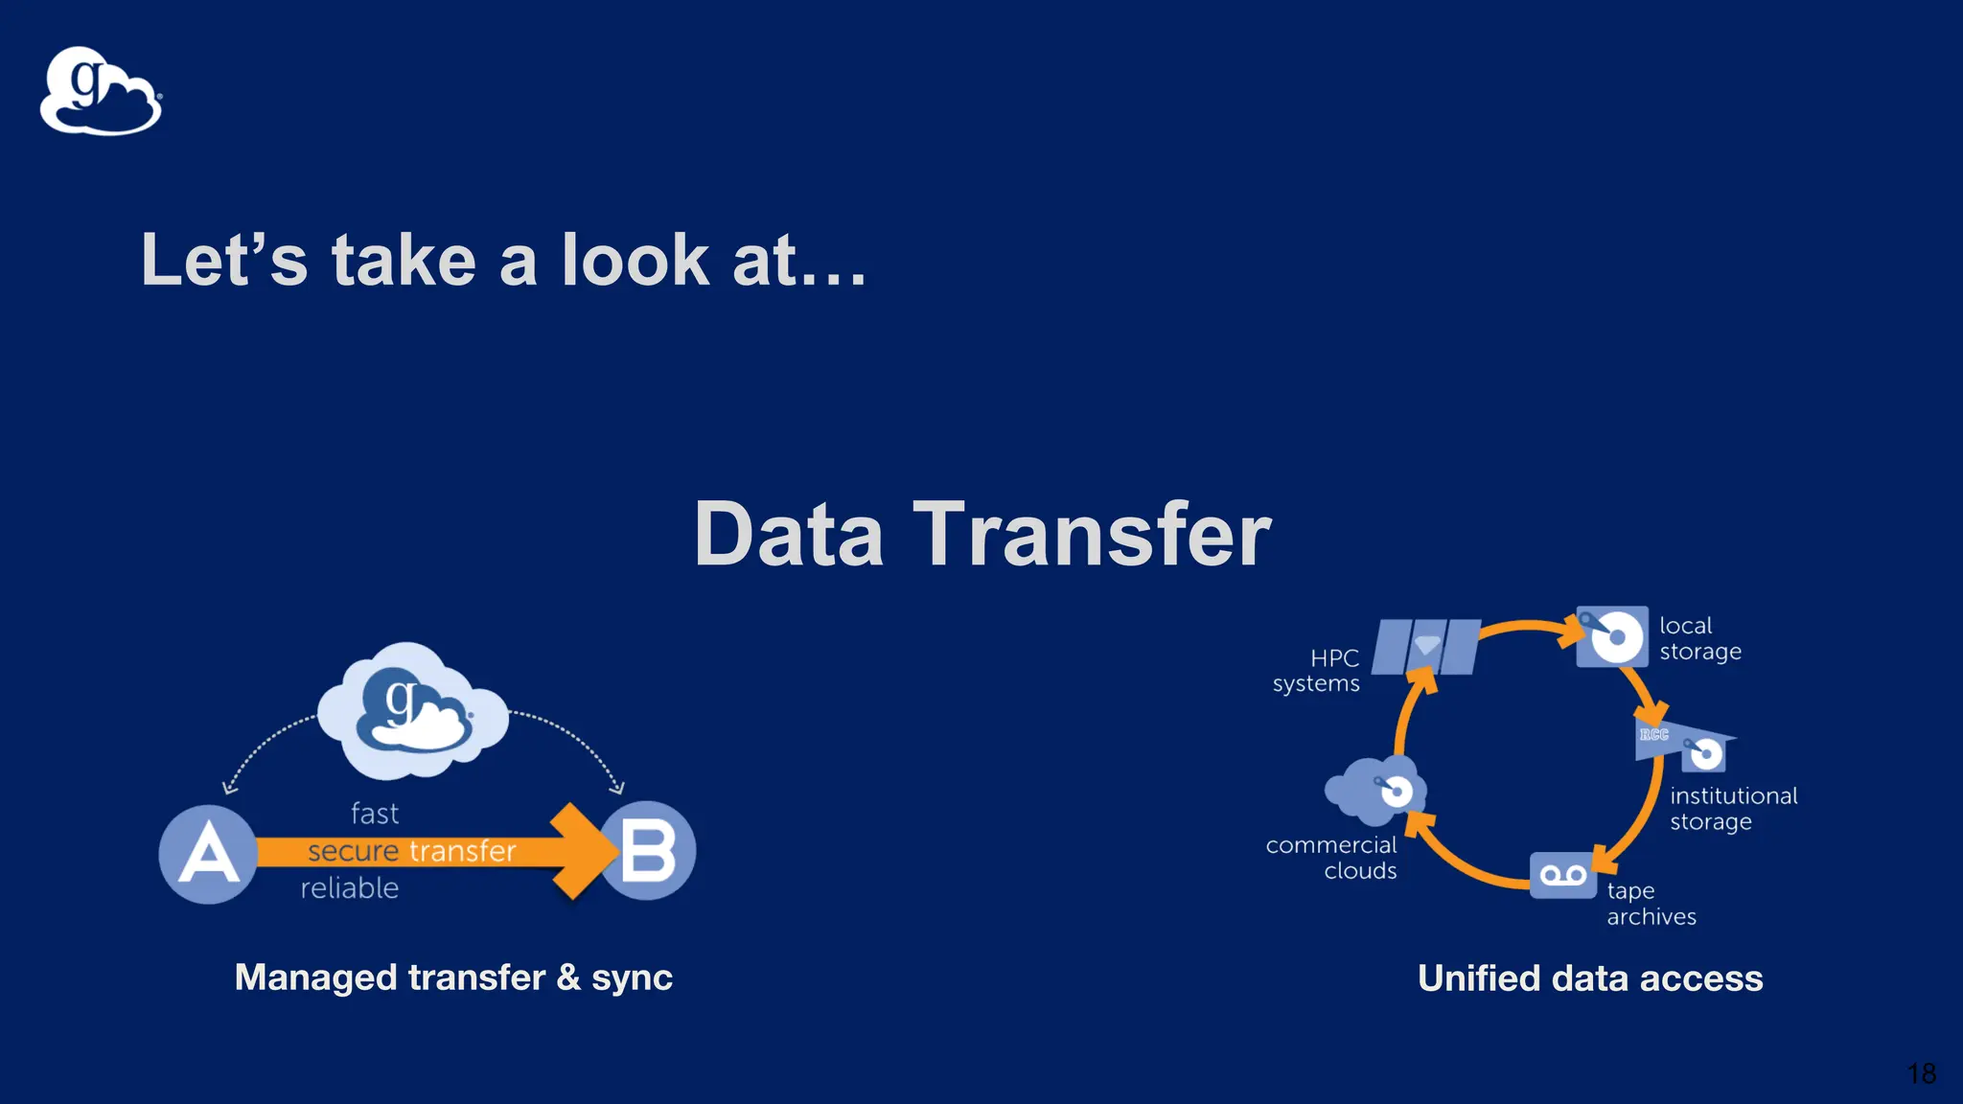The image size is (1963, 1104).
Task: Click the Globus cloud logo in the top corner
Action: click(101, 92)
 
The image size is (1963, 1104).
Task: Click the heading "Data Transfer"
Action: click(981, 534)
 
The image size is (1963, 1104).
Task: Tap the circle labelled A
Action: click(208, 854)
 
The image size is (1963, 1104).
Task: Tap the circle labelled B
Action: click(649, 851)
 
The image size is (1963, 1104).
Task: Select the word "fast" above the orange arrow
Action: click(375, 814)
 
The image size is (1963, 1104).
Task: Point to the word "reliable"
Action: click(350, 888)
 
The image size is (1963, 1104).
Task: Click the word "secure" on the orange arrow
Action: click(353, 851)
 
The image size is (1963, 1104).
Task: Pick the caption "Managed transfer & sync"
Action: click(453, 977)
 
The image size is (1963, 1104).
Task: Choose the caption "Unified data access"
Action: click(1590, 978)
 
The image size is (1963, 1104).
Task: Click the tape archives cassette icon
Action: click(1562, 875)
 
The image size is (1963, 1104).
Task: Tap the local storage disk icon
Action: click(1613, 636)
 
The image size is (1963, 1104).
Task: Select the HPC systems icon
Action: click(1426, 647)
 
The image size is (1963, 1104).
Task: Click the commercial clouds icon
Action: click(1375, 791)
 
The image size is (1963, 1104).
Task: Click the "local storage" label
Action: click(1699, 638)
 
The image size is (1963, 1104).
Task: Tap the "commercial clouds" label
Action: click(1332, 858)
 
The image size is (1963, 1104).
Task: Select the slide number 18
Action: click(1921, 1073)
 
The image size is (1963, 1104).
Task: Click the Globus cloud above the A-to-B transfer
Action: click(413, 711)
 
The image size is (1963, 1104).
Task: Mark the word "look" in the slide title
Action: click(635, 260)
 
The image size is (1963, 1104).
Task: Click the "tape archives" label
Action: click(1651, 904)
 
